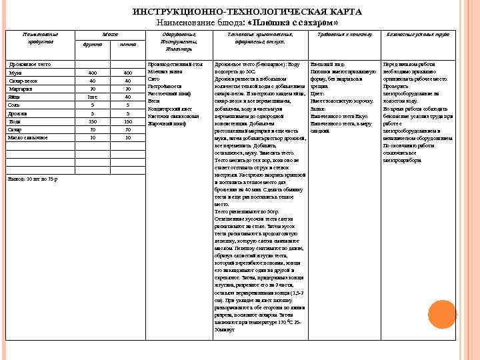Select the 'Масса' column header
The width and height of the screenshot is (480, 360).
click(x=109, y=33)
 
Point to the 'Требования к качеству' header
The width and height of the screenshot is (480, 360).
click(x=345, y=33)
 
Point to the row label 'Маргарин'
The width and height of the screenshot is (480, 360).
click(x=21, y=88)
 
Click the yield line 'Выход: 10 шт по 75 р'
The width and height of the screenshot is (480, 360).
click(x=33, y=179)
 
